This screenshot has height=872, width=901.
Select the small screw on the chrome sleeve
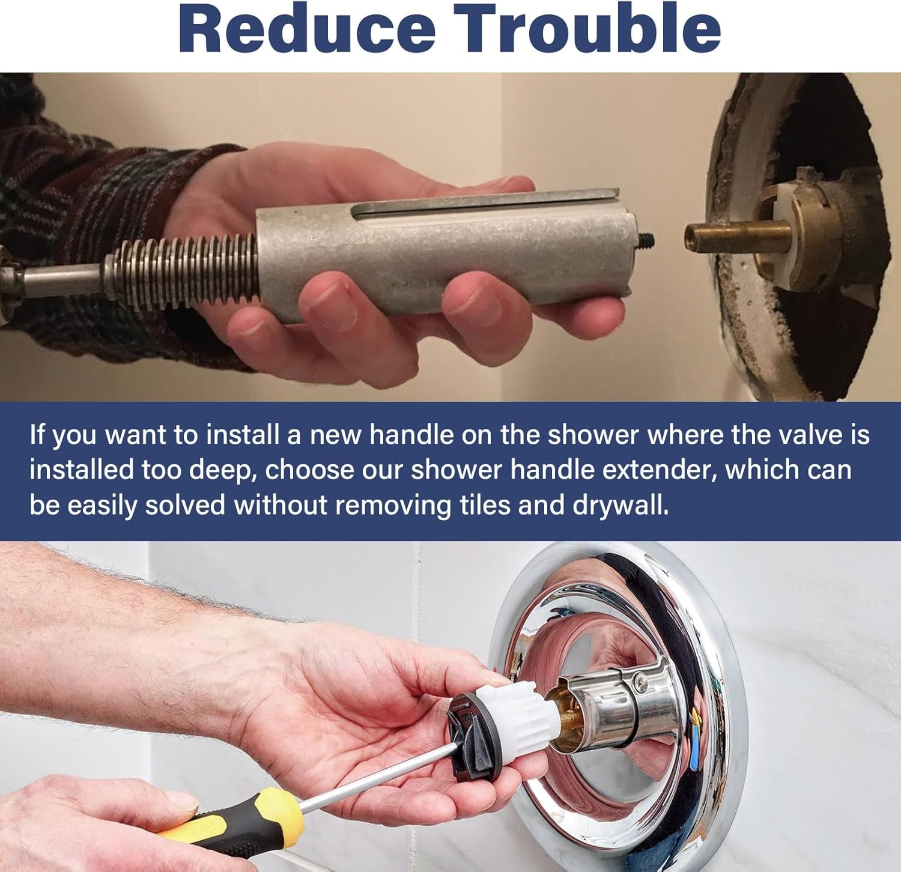pos(642,680)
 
